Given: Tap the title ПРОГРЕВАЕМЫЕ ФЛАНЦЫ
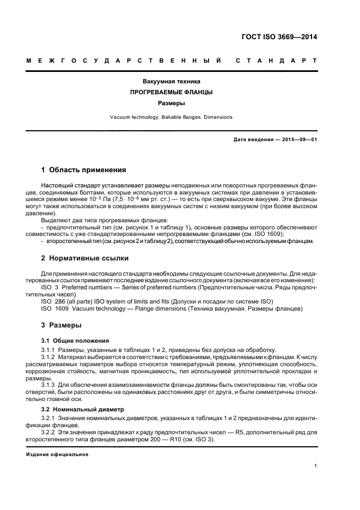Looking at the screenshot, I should [x=172, y=92].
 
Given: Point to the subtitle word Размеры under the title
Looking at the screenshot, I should [x=172, y=102].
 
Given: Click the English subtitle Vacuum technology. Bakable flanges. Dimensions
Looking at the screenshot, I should [x=172, y=117].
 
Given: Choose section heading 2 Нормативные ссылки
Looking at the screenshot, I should [x=82, y=258].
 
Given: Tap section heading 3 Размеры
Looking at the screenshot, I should [x=62, y=325].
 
